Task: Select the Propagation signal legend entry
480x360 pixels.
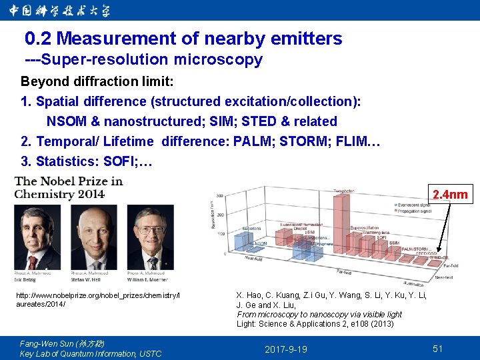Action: click(417, 211)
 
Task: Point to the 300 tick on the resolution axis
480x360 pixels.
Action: click(219, 196)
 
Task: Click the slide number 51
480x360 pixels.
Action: click(438, 349)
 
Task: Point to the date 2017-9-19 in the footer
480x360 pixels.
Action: click(286, 349)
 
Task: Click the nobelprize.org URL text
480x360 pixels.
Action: click(98, 299)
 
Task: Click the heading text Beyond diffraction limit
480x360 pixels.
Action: click(97, 81)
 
